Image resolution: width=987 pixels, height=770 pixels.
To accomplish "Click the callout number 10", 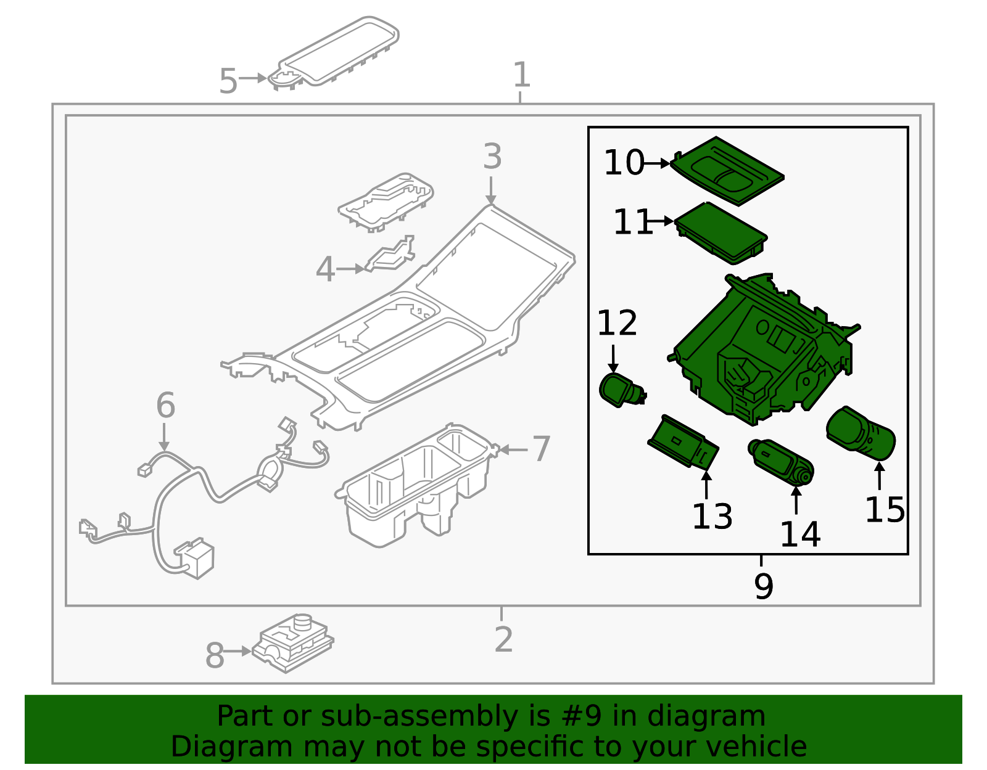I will coord(623,163).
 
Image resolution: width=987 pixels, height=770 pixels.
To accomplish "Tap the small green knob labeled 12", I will coord(619,390).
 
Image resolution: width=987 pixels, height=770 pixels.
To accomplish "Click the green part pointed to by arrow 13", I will coord(683,443).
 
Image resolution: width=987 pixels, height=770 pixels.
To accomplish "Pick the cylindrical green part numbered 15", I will coord(861,434).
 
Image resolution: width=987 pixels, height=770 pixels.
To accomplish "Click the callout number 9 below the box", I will coord(763,586).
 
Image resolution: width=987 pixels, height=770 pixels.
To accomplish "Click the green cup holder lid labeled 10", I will coord(728,170).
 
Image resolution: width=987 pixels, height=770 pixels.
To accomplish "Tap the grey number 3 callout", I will coord(492,157).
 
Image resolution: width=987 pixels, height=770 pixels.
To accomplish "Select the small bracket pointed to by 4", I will coord(389,256).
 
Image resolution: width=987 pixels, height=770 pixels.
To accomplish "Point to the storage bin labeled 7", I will coord(413,487).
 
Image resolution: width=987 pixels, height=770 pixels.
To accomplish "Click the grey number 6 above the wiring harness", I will coord(165,406).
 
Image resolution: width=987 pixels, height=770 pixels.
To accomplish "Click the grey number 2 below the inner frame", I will coord(503,640).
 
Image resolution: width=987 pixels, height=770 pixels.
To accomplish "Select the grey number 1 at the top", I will coord(521,75).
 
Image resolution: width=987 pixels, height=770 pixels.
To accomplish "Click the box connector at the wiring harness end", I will coord(196,559).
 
